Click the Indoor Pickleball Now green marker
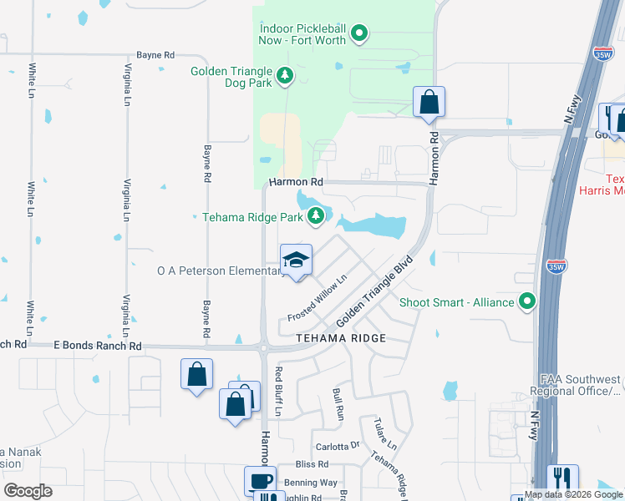(x=359, y=34)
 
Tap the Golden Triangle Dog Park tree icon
(x=285, y=76)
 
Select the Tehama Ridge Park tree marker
(x=315, y=216)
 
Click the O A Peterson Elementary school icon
(x=296, y=261)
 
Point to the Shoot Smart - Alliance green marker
(x=527, y=301)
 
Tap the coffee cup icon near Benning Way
(x=260, y=480)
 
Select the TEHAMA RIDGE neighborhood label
(x=341, y=338)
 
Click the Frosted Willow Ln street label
(x=317, y=299)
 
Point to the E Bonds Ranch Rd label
(x=97, y=345)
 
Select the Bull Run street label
(x=338, y=402)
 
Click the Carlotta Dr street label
(x=337, y=446)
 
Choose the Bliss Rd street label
(x=312, y=464)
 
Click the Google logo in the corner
(x=28, y=491)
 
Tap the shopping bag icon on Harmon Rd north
(x=429, y=103)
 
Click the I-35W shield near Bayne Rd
(x=603, y=54)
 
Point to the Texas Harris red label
(x=614, y=185)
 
